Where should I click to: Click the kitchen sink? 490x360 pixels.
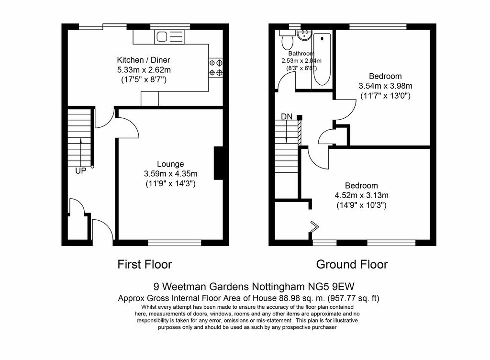[x=169, y=37]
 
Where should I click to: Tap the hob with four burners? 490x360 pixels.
[x=216, y=68]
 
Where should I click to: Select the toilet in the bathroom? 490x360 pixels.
[x=286, y=40]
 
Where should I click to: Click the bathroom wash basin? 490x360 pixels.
[x=304, y=35]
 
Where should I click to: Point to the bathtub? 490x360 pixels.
[x=322, y=59]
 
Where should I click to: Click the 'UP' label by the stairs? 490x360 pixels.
[x=80, y=171]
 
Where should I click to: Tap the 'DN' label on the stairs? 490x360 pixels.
[x=287, y=116]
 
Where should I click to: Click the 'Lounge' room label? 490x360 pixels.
[x=170, y=164]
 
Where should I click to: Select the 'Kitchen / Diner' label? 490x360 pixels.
[x=144, y=60]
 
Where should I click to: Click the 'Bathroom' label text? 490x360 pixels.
[x=301, y=54]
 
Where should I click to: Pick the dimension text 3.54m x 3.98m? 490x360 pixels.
[x=385, y=86]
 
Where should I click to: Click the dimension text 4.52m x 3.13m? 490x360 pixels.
[x=362, y=195]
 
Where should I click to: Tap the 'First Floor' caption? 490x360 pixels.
[x=145, y=264]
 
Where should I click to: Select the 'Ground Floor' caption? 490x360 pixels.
[x=352, y=264]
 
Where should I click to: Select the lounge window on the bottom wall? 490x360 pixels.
[x=175, y=243]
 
